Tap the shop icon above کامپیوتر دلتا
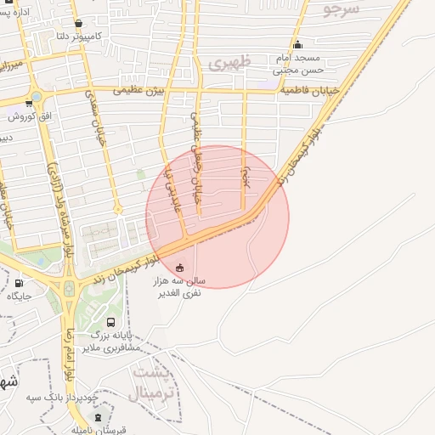(x=79, y=24)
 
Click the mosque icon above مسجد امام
(x=297, y=45)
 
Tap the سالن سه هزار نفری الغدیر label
(x=178, y=285)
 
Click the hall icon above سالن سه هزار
(x=179, y=268)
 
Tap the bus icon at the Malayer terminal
(x=110, y=322)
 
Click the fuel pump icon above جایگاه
(x=19, y=283)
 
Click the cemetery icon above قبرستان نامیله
(x=98, y=417)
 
